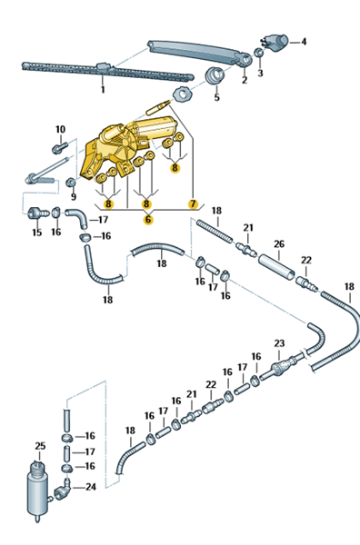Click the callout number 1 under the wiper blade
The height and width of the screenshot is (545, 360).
103,89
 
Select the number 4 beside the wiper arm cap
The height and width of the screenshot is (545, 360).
304,42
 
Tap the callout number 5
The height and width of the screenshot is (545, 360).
216,97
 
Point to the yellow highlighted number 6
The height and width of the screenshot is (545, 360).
148,219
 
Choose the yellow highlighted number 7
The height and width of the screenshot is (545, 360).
193,203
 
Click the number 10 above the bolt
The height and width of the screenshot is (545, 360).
61,129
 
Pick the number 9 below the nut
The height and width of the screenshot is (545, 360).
74,197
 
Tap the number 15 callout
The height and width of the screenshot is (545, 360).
37,233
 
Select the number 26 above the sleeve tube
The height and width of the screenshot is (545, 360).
279,243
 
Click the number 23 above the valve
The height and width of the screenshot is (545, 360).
279,343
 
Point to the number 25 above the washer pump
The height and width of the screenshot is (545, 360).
40,446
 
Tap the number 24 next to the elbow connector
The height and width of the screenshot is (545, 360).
90,487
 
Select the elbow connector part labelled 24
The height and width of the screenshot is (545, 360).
63,490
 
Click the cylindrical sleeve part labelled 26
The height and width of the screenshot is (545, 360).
277,267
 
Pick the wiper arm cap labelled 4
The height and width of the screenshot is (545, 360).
275,43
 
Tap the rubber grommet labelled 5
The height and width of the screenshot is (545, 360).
214,75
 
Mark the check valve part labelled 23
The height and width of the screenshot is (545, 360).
282,367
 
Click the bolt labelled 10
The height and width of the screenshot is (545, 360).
59,148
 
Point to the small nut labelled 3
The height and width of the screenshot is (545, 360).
258,53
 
